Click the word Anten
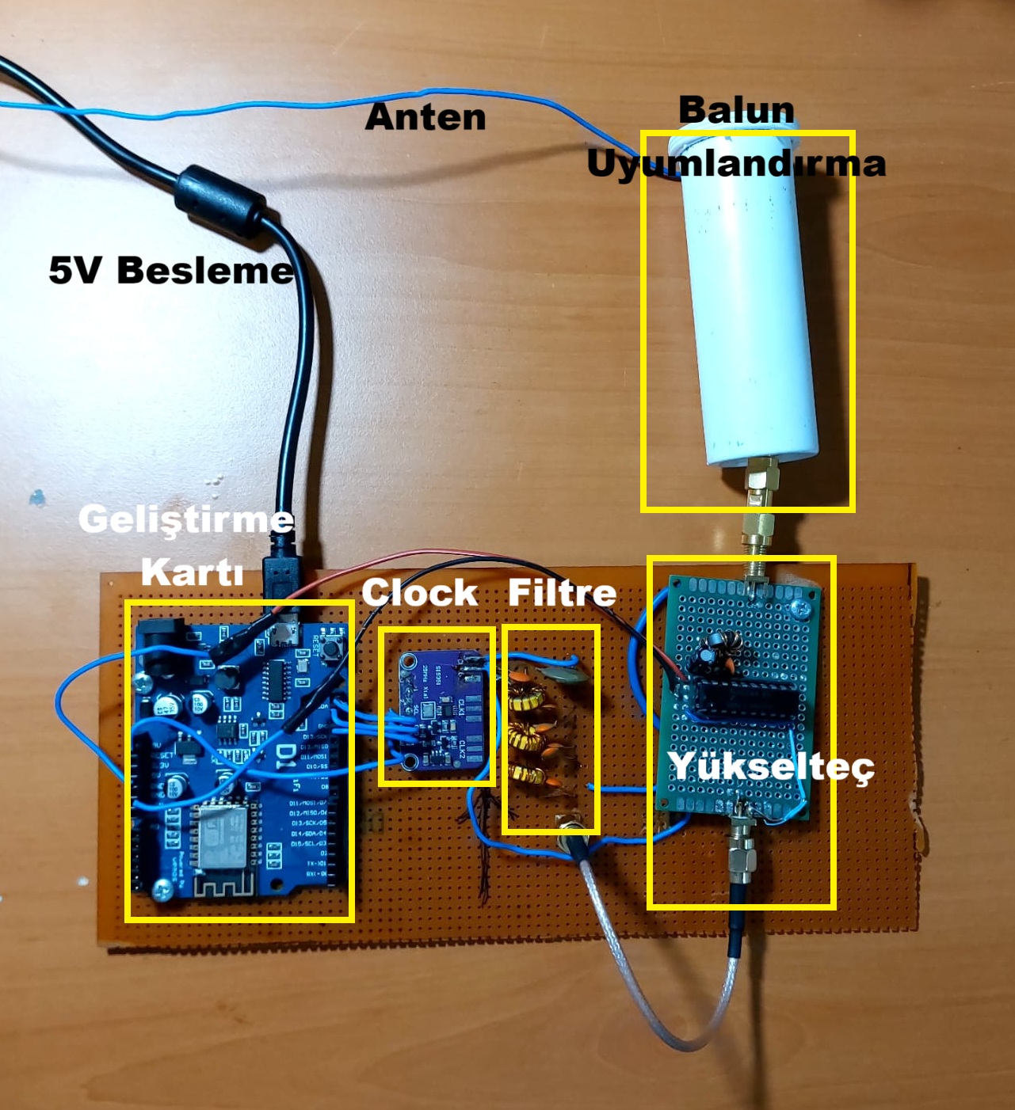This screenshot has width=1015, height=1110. (425, 117)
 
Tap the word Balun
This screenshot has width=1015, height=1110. (736, 109)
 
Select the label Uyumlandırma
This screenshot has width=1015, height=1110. (736, 163)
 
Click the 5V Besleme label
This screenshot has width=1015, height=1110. (171, 270)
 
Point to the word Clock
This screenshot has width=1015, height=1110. (420, 592)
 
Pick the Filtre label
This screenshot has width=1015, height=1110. (562, 592)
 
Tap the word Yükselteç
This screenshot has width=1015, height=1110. (771, 766)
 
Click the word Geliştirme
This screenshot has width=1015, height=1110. (186, 519)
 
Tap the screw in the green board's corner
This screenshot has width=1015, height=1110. (799, 608)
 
